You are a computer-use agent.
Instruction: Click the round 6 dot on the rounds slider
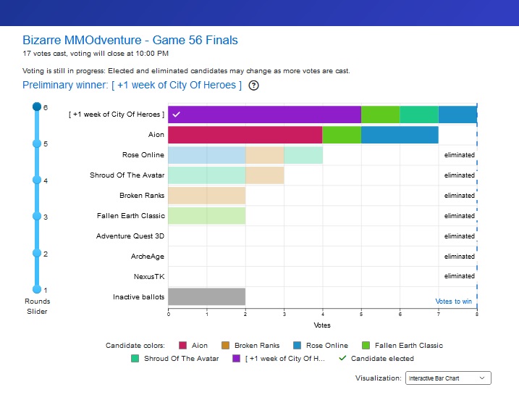coord(37,107)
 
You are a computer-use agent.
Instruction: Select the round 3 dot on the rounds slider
coord(37,216)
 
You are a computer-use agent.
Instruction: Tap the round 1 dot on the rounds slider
coord(37,289)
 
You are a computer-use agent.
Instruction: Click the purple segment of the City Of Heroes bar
coord(264,115)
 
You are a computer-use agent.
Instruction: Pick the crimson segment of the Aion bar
coord(245,135)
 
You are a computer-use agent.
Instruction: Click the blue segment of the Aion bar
coord(400,135)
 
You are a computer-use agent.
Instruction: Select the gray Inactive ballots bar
coord(207,296)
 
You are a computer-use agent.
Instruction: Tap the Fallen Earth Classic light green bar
coord(207,216)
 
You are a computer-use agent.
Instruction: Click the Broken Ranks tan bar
coord(207,196)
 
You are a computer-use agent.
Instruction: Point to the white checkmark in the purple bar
coord(177,115)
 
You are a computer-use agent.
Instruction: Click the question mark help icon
coord(253,86)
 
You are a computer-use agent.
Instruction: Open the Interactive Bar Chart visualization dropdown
coord(448,378)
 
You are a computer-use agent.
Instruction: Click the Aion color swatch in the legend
coord(182,345)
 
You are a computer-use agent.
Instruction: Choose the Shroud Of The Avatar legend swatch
coord(135,359)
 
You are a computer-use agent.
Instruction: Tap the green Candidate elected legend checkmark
coord(342,358)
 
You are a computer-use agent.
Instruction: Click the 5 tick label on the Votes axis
coord(361,314)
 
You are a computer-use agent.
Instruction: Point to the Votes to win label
coord(453,302)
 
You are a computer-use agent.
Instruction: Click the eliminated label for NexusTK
coord(460,276)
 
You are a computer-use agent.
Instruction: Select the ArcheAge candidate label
coord(148,257)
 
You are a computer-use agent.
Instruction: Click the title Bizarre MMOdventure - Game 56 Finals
coord(130,40)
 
